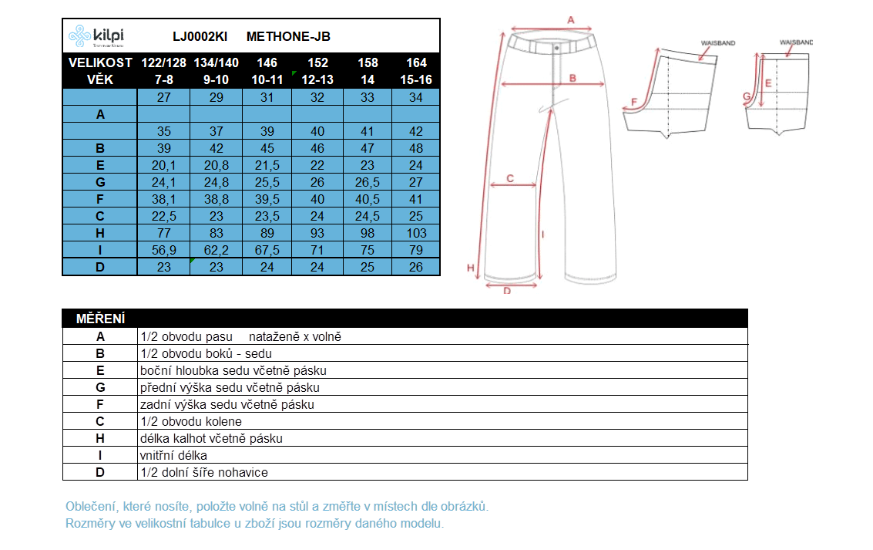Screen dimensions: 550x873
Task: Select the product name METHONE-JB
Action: pos(288,36)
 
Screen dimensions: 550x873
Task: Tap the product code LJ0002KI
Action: pos(200,36)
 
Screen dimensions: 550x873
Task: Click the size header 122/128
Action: pos(163,62)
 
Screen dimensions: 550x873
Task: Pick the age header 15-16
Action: pos(416,79)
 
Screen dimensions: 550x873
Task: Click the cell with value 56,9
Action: pos(163,250)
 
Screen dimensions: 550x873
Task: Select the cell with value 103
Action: pos(416,233)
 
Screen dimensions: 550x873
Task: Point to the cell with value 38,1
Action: pos(163,199)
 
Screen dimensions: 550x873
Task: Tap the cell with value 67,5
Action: pos(267,250)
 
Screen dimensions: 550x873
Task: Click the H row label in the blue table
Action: pos(100,233)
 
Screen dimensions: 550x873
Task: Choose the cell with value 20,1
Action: pos(163,165)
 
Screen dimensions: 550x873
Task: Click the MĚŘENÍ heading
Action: pos(101,319)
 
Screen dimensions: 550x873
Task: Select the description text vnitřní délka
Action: pos(173,455)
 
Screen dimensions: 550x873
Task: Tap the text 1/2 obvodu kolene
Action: pos(191,421)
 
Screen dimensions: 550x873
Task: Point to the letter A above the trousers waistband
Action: pos(571,19)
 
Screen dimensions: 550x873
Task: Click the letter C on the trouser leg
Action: pos(510,178)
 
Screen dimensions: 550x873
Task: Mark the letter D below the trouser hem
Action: pos(507,291)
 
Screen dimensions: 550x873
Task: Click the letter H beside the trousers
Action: pos(470,268)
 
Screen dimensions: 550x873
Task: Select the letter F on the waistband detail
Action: pos(635,101)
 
